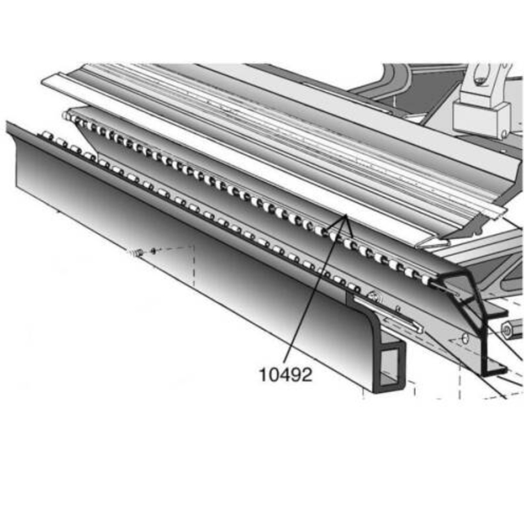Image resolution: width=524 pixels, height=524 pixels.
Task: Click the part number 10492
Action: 285,375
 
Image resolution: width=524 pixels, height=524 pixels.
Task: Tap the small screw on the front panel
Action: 138,254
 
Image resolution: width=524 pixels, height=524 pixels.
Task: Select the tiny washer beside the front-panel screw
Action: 153,250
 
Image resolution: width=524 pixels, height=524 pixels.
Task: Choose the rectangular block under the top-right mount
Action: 481,119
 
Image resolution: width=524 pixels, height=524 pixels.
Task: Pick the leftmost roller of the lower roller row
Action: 45,135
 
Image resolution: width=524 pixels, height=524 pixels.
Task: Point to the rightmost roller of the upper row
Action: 426,280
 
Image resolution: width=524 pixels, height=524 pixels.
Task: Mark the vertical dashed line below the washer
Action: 193,266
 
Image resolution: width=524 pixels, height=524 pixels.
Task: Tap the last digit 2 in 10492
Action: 305,375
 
